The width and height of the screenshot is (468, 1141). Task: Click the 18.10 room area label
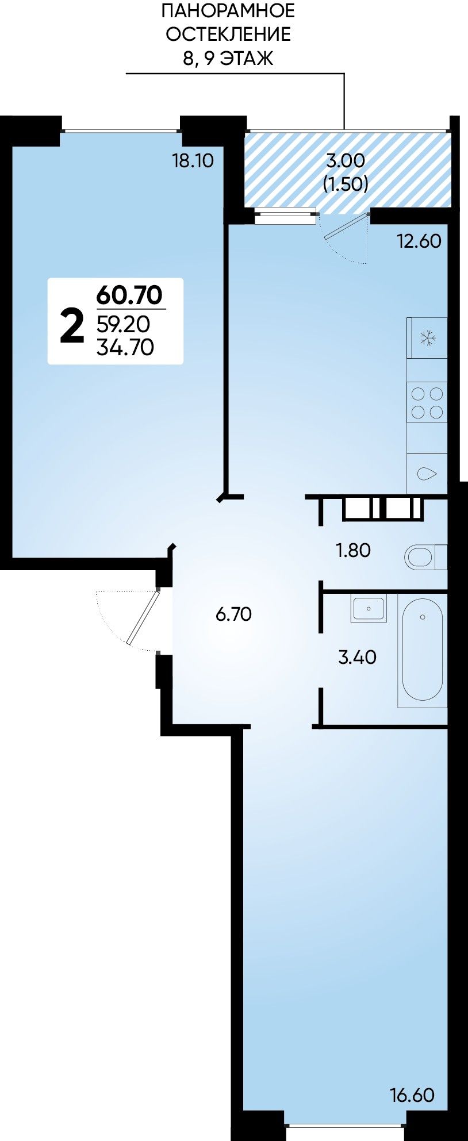193,160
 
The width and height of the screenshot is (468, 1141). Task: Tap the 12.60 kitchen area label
420,241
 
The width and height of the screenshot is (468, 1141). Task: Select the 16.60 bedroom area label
412,1095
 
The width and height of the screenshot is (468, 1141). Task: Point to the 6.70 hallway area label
233,614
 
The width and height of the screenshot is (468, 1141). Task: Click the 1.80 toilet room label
353,550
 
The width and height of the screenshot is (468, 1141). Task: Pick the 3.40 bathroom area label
357,656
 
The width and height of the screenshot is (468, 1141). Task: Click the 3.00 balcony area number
346,160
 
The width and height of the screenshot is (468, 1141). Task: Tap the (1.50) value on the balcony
346,184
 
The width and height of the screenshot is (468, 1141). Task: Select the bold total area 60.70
130,295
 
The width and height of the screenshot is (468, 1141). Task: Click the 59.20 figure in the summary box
123,325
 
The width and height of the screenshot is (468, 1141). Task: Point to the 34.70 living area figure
125,347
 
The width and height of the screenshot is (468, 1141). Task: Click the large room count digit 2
72,325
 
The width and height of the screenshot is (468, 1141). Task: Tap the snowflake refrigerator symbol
427,338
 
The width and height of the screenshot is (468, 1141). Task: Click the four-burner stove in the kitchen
427,402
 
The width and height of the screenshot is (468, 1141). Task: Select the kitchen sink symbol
427,474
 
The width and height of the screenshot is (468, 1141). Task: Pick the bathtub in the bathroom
423,650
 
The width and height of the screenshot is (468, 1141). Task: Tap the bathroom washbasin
369,609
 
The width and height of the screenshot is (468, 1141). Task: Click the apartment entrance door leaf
143,618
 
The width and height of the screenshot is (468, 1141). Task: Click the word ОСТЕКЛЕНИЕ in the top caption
228,34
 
